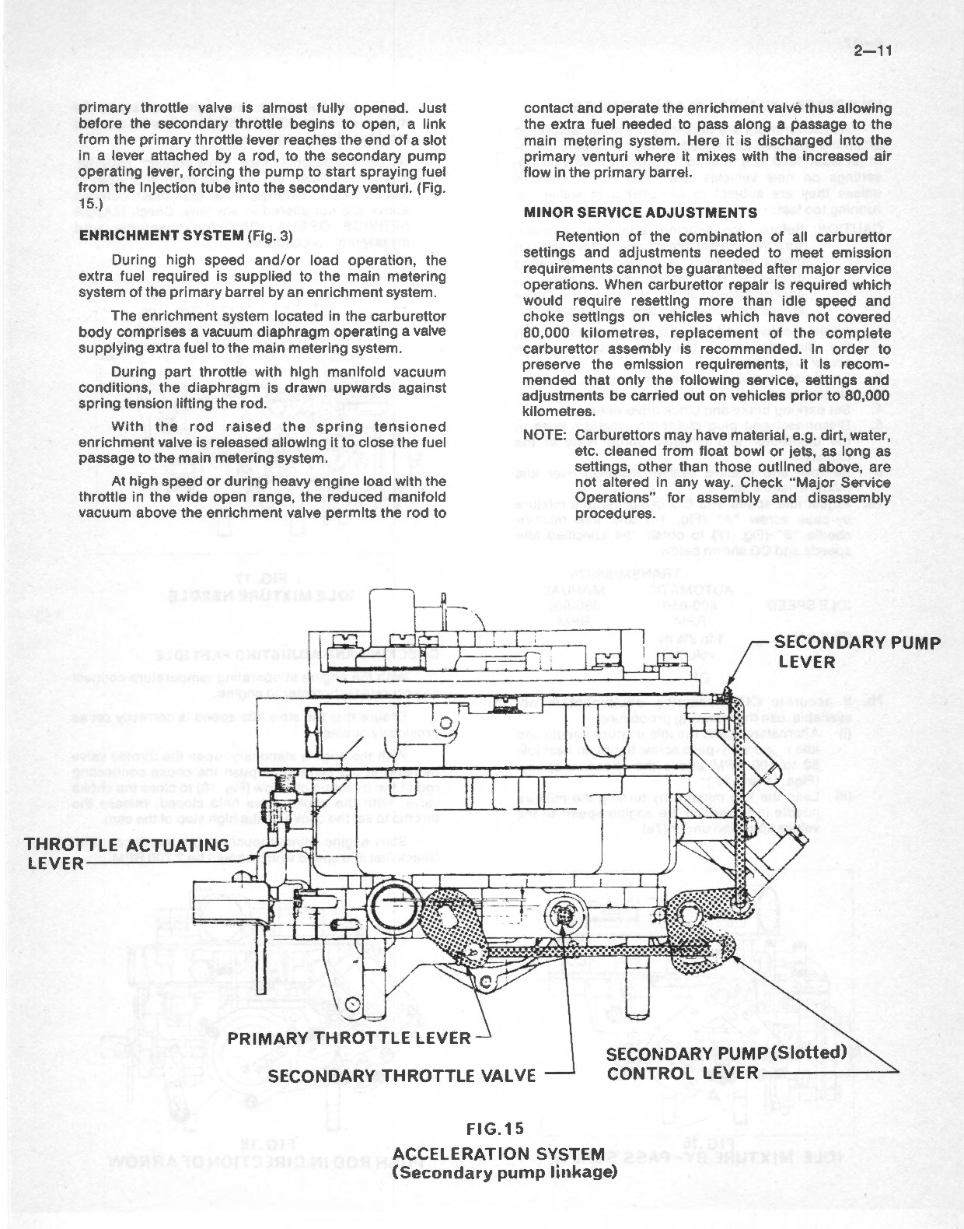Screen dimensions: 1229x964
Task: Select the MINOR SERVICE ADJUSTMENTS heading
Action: (x=640, y=212)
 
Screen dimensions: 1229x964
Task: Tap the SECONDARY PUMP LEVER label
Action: (x=857, y=652)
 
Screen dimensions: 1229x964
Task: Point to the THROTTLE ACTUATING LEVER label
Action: (x=127, y=853)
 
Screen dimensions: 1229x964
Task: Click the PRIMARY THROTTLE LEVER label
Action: (x=349, y=1037)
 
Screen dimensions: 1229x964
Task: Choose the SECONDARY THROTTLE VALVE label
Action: (x=402, y=1075)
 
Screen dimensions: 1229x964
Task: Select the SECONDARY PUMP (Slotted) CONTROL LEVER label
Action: (x=725, y=1063)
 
